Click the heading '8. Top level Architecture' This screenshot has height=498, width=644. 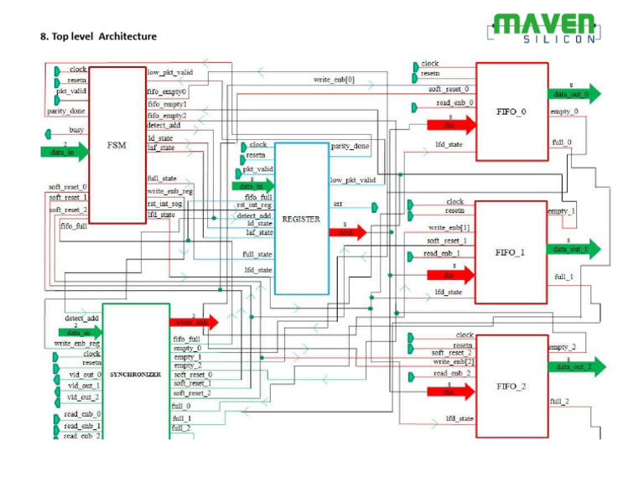(98, 36)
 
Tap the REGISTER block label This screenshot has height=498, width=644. (301, 218)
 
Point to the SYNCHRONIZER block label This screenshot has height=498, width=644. (134, 374)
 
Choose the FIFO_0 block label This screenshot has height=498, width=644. (511, 112)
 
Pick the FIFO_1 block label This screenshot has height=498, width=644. (511, 252)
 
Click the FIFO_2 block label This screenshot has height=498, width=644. (512, 386)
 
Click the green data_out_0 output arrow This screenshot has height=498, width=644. (574, 94)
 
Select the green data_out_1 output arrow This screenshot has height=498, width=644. (574, 248)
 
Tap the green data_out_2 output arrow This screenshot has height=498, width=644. (575, 366)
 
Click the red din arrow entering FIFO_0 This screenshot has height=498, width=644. (451, 125)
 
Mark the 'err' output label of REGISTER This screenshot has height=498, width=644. (338, 204)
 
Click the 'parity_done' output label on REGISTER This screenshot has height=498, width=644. (350, 146)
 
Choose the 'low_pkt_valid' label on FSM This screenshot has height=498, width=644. (169, 72)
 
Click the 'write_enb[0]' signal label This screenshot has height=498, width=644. (334, 80)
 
